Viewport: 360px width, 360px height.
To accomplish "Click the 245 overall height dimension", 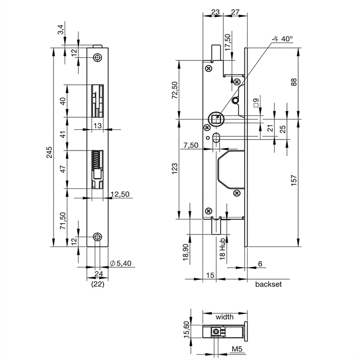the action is [49, 152].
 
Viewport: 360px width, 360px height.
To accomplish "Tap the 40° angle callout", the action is [283, 39].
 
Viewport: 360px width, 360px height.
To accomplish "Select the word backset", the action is [268, 284].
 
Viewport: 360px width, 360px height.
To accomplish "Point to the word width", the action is [225, 317].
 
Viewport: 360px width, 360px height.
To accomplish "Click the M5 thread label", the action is [237, 349].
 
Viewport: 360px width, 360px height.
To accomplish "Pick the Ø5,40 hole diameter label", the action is [121, 263].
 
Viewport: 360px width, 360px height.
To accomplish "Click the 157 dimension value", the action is [294, 180].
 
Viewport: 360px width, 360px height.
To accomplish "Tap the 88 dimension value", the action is [294, 82].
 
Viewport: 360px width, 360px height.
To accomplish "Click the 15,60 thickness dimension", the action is [186, 329].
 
